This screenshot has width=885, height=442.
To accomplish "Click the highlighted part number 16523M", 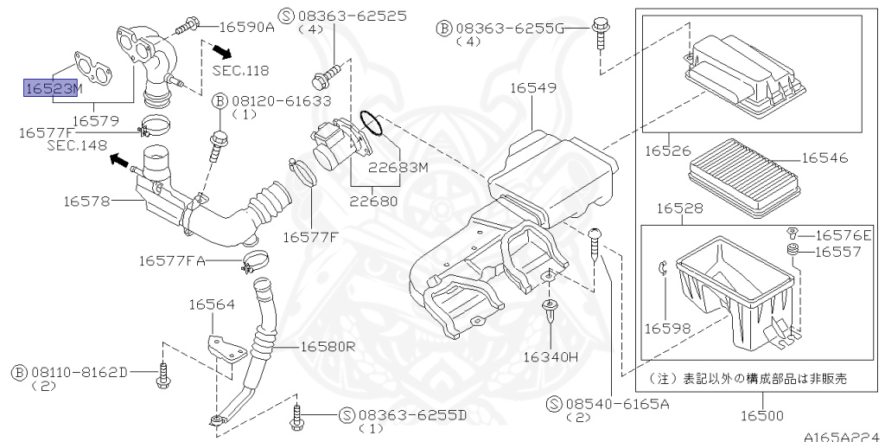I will tap(53, 87).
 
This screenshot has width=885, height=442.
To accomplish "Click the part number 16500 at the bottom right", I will tap(761, 416).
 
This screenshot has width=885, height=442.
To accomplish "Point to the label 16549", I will tap(531, 87).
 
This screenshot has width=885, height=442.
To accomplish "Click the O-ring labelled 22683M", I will tap(369, 123).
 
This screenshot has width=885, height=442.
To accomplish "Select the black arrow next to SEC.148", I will tap(121, 162).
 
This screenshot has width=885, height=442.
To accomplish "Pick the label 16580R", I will tap(328, 346).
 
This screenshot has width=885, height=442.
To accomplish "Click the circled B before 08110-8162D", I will tap(18, 372).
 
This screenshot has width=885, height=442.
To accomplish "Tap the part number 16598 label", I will tap(668, 329).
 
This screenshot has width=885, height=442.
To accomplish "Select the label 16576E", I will tap(843, 234).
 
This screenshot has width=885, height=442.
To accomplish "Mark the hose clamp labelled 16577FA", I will tap(257, 259).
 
